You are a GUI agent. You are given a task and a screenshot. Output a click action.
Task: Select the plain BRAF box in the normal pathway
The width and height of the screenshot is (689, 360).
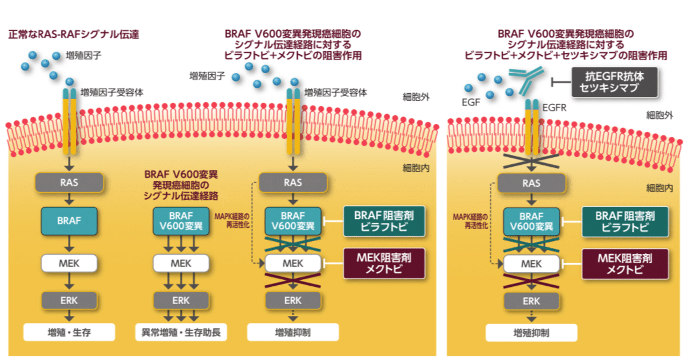click(69, 220)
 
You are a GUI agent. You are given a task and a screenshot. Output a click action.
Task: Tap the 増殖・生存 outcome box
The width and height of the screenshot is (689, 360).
click(69, 332)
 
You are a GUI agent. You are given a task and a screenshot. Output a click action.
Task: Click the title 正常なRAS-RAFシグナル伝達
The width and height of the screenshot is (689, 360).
click(74, 35)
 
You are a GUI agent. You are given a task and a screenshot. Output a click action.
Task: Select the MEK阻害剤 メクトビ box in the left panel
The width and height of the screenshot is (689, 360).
click(383, 264)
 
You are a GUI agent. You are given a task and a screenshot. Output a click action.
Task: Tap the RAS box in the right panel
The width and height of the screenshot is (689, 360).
click(531, 183)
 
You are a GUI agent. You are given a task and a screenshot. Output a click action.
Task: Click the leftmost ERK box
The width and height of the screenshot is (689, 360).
click(69, 300)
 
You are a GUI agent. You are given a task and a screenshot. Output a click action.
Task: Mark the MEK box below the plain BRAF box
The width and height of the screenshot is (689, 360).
click(69, 264)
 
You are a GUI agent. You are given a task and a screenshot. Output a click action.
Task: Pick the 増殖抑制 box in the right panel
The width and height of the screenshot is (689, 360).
click(531, 333)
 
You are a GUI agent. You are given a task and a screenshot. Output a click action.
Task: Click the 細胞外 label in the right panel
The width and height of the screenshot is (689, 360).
click(660, 115)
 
